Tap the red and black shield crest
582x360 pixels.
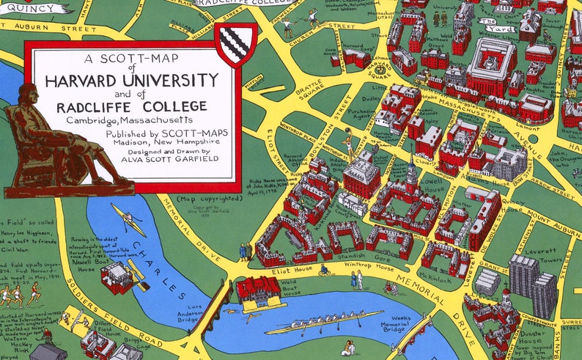pos(235,44)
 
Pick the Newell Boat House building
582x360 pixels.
pos(117,278)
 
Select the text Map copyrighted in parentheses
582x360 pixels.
pos(208,198)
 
